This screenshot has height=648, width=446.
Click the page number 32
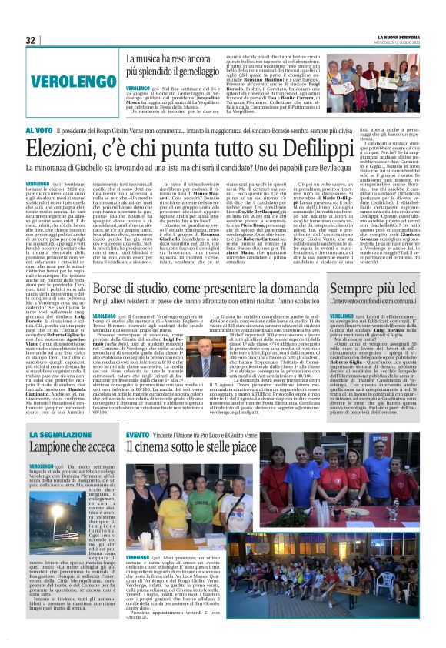[31, 40]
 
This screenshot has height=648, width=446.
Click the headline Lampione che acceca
[71, 447]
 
